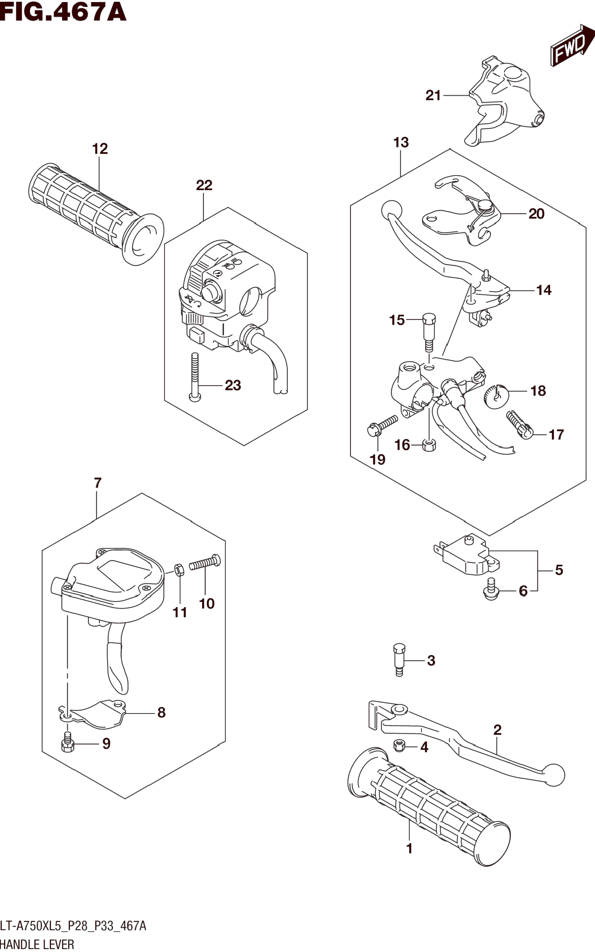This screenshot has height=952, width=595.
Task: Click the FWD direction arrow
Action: (572, 47)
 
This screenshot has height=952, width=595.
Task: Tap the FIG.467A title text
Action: (63, 12)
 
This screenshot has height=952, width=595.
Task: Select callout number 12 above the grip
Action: (100, 149)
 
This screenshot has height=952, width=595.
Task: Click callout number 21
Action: (433, 95)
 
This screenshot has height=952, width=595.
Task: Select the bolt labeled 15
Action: (429, 331)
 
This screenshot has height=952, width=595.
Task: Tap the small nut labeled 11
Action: (179, 570)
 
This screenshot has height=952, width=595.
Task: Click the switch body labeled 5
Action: (467, 556)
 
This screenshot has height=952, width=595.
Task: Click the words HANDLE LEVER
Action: (37, 944)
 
